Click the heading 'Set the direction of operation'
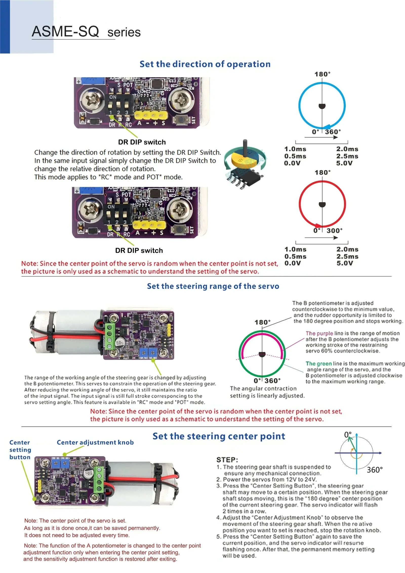205,64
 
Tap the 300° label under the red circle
334,231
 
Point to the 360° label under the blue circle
333,132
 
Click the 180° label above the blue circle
322,74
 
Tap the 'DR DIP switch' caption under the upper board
142,142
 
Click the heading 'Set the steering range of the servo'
213,286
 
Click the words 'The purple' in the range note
319,333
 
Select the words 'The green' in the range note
318,363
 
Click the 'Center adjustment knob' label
95,442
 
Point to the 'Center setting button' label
20,450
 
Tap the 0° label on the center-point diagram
348,434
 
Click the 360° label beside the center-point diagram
375,470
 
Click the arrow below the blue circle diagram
321,137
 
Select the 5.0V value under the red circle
345,263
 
